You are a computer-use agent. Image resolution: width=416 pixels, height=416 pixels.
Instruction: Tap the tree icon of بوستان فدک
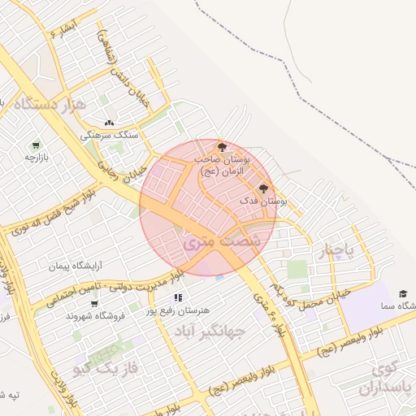[x=262, y=188]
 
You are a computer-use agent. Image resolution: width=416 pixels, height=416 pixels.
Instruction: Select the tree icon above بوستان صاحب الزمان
[x=223, y=146]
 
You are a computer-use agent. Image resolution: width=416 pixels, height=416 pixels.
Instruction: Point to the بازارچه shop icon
[x=36, y=145]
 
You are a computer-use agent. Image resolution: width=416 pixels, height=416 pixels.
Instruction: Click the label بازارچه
[x=37, y=157]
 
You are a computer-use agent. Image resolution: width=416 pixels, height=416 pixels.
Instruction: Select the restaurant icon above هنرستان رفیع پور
[x=178, y=297]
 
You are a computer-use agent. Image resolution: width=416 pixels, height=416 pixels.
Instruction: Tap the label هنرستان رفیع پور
[x=178, y=310]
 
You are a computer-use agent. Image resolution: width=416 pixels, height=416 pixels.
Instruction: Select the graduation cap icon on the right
[x=403, y=293]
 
